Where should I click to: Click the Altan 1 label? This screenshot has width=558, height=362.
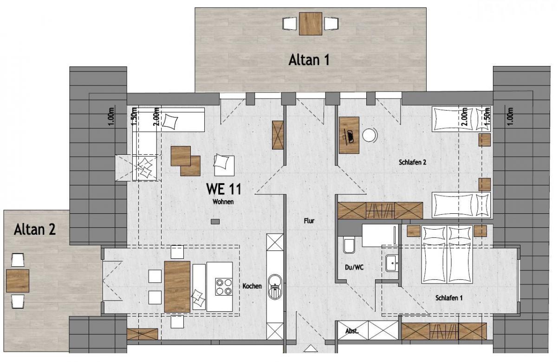click(309, 60)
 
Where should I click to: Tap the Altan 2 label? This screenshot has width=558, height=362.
click(35, 230)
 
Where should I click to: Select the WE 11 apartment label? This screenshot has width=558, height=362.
click(224, 189)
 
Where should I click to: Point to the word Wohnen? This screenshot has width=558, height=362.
click(223, 202)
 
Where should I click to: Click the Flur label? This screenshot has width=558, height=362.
click(309, 221)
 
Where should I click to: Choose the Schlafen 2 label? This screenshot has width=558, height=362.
click(412, 162)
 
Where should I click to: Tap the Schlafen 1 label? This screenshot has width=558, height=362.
click(449, 298)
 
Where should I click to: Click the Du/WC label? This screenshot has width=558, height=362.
click(354, 268)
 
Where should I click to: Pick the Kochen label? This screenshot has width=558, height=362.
click(252, 286)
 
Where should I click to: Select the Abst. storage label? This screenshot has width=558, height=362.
click(352, 331)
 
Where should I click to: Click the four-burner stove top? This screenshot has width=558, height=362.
click(224, 287)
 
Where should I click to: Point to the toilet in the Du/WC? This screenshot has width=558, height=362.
click(349, 246)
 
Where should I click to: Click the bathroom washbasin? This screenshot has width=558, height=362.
click(392, 263)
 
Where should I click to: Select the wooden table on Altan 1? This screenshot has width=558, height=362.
click(311, 24)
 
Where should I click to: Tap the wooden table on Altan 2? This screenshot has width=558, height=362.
click(18, 281)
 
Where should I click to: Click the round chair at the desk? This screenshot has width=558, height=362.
click(370, 135)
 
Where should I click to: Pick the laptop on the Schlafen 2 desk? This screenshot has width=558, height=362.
click(350, 136)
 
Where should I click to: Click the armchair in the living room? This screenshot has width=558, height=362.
click(224, 165)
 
